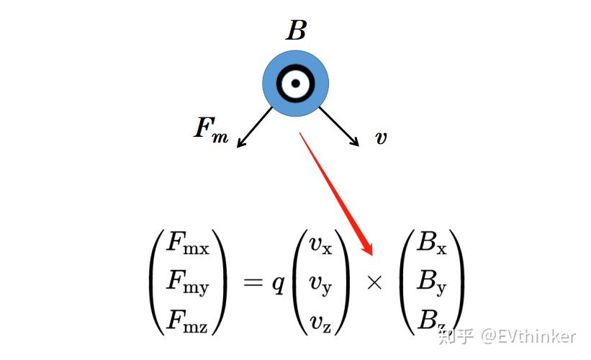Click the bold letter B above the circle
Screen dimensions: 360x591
296,31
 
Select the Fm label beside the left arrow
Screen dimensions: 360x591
211,130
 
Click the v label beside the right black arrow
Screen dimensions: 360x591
381,138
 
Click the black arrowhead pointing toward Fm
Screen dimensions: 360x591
240,143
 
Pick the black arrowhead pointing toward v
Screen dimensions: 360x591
354,143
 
